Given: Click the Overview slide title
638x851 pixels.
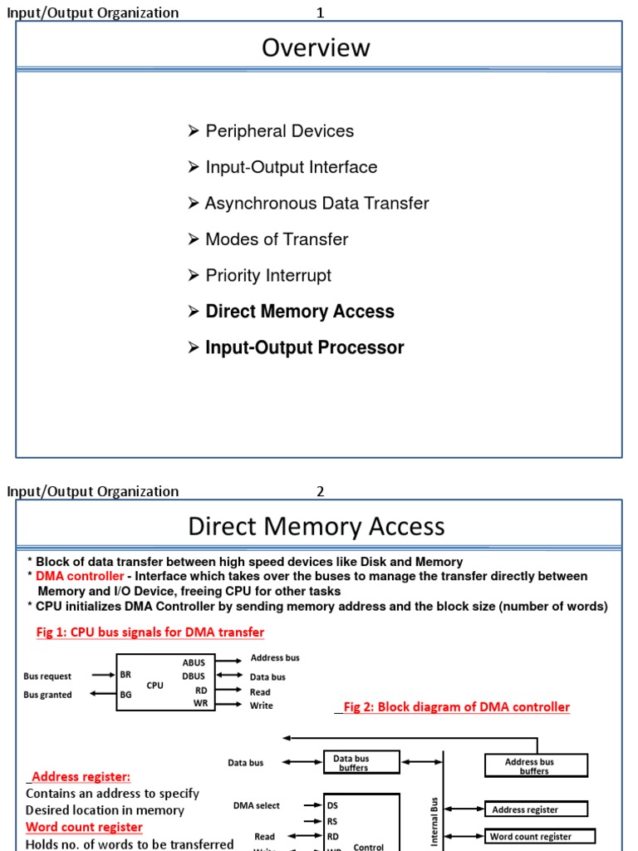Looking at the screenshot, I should tap(316, 48).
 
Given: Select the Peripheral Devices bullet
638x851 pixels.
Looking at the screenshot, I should tap(279, 131).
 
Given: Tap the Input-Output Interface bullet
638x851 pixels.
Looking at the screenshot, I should tap(291, 167).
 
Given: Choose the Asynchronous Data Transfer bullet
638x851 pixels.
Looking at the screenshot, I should tap(317, 204).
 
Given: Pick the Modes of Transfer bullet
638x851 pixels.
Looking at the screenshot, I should tap(277, 239).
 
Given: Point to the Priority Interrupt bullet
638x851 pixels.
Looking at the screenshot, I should tap(267, 275).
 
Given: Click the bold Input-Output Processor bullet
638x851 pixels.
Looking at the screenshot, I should tap(304, 347).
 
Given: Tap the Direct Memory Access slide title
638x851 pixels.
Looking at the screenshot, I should tap(317, 526).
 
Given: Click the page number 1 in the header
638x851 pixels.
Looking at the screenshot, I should tap(320, 12).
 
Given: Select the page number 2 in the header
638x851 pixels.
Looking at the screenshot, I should tap(320, 491).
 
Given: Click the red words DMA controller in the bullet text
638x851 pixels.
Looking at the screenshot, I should tap(81, 576).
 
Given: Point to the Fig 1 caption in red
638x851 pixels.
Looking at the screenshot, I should tap(150, 632).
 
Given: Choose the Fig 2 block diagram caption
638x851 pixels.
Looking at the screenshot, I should tap(456, 707).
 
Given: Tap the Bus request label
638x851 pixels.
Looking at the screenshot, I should tap(47, 676).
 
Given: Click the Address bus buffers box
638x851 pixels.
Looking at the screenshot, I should tap(536, 765).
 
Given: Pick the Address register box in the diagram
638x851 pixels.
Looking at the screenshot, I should tap(536, 809).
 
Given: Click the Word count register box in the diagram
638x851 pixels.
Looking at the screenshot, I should tap(540, 836).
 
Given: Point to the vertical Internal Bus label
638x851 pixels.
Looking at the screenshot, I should tap(434, 821).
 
